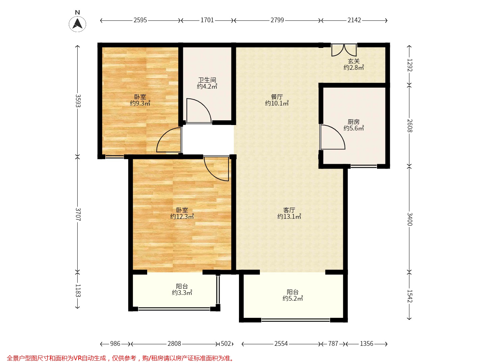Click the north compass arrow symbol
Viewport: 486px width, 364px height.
tap(77, 24)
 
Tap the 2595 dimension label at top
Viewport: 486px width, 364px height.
tap(140, 20)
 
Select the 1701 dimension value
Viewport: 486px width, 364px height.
tap(207, 20)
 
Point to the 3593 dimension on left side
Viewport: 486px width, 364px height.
tap(78, 101)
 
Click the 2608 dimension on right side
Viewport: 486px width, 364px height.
tap(410, 125)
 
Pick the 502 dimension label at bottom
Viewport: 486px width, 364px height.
tap(226, 343)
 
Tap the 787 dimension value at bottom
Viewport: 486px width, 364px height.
tap(333, 343)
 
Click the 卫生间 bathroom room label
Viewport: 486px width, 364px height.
tap(207, 80)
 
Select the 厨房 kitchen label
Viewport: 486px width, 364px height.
tap(353, 122)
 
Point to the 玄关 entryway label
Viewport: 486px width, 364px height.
tap(354, 61)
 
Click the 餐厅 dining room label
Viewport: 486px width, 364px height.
tap(277, 97)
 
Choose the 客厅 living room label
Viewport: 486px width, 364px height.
tap(289, 210)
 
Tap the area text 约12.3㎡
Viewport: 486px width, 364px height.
tap(182, 216)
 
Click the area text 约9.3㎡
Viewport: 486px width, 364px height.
tap(140, 103)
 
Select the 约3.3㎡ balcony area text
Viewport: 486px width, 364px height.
tap(182, 293)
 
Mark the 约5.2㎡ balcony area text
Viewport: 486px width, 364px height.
tap(293, 298)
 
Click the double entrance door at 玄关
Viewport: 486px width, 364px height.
tap(344, 50)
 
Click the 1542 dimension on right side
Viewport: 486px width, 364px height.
tap(410, 296)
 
